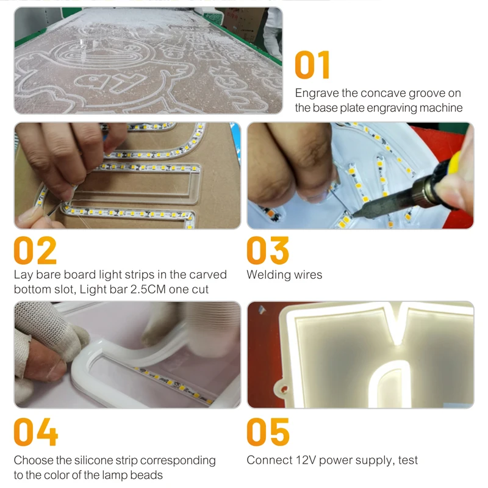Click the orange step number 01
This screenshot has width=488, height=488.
[x=312, y=65]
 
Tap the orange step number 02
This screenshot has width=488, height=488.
[x=35, y=250]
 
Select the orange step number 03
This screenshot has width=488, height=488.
[x=268, y=250]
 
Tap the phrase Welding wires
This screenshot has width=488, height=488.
[x=284, y=274]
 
